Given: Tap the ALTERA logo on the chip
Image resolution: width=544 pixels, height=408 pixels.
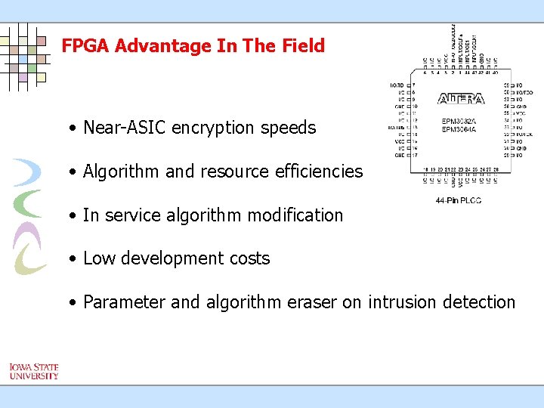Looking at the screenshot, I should (x=461, y=99).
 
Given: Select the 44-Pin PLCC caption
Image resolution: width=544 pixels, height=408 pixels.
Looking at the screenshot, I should (x=459, y=199).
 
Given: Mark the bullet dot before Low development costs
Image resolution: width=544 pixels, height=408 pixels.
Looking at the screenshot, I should (x=71, y=259).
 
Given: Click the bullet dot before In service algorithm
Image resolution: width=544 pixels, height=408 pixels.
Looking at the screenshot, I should (x=71, y=216).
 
